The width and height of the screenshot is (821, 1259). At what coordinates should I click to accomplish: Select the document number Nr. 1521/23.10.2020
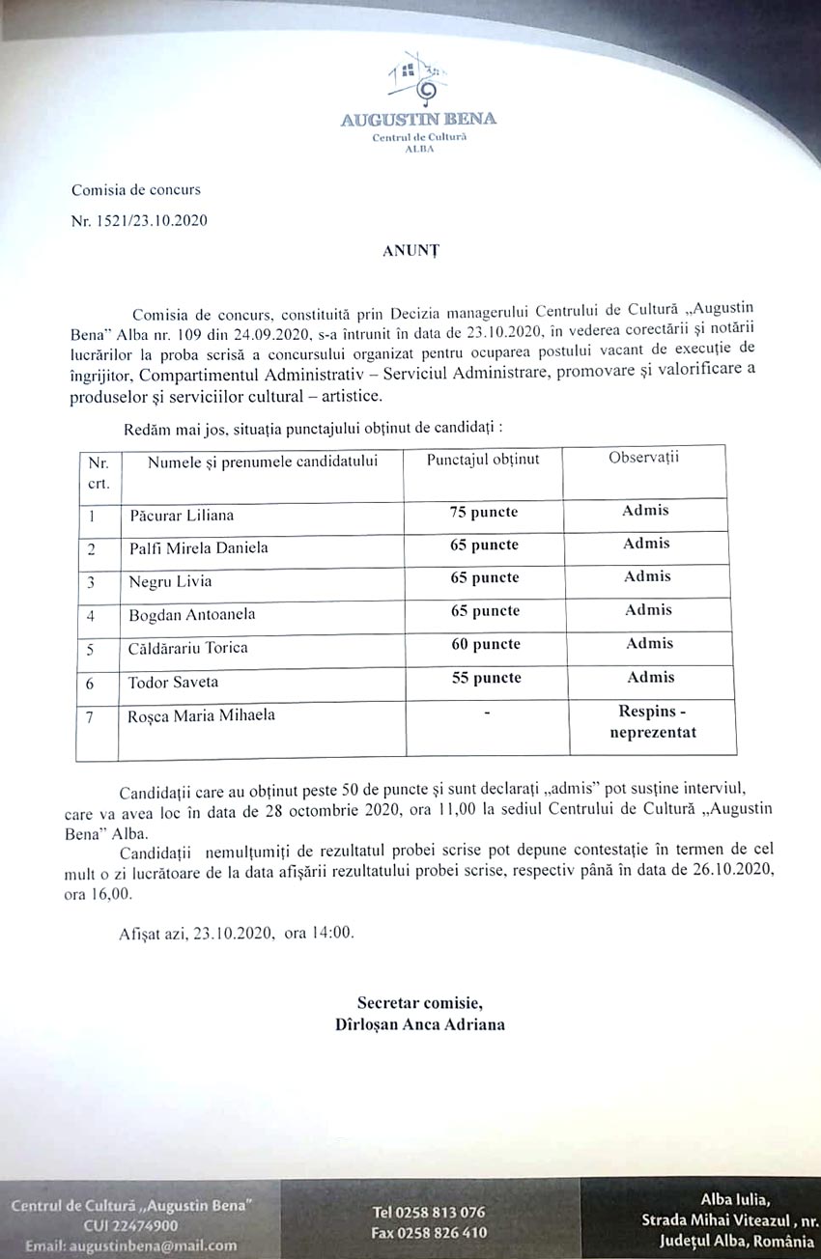[138, 220]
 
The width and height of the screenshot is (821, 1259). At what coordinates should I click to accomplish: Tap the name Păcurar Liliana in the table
[182, 516]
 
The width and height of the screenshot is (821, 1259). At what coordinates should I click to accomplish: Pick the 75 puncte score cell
[484, 512]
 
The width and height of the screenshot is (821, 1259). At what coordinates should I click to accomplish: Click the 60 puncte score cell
[485, 644]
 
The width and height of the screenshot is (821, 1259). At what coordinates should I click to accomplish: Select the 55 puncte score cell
[486, 678]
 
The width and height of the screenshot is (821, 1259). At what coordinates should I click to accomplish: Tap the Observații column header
[643, 458]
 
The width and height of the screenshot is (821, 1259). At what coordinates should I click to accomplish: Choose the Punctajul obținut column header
[483, 459]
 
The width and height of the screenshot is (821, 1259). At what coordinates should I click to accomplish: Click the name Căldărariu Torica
[188, 648]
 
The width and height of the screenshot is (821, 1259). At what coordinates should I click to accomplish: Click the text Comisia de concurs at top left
[136, 190]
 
